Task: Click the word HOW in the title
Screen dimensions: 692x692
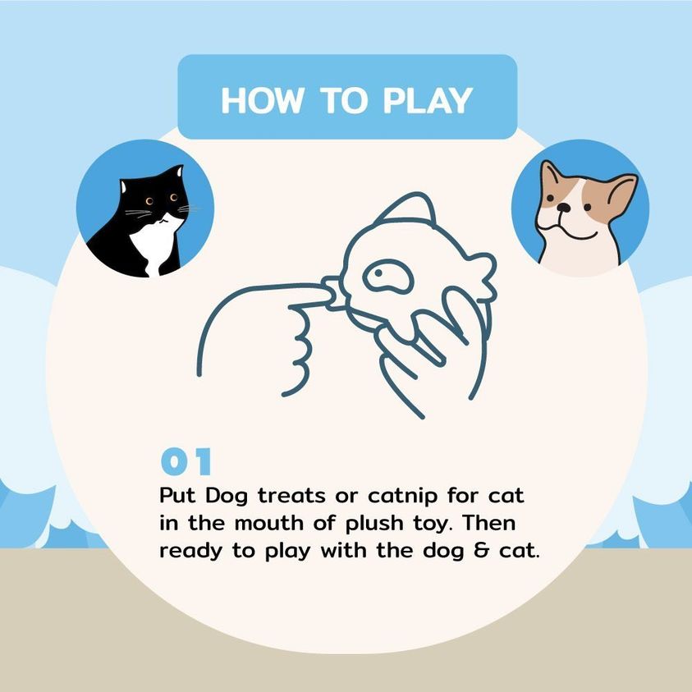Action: (x=263, y=101)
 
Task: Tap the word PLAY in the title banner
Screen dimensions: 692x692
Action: (x=428, y=101)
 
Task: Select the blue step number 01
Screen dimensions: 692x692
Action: (x=186, y=461)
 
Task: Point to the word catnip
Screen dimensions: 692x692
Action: (x=402, y=497)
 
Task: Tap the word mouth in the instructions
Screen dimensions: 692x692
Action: (x=269, y=523)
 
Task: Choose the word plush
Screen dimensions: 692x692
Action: (x=374, y=524)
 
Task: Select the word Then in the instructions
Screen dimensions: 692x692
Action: (x=489, y=523)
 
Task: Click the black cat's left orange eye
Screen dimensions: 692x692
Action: (x=149, y=201)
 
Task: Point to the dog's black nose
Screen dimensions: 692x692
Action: (x=563, y=208)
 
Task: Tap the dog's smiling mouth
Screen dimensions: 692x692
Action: (x=570, y=230)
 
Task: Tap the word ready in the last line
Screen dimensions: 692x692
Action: (x=190, y=552)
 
